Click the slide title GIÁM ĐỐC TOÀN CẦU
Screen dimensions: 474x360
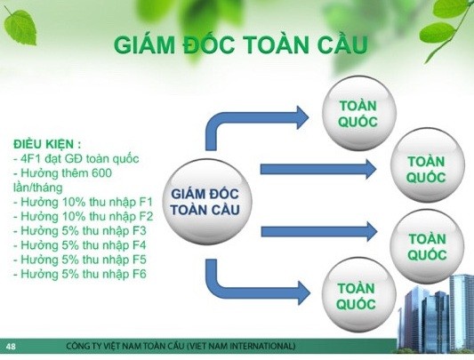[241, 44]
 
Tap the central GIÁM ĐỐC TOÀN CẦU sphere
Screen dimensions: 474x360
[207, 202]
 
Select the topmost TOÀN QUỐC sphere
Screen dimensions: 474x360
[358, 114]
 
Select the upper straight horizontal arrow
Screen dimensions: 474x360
[318, 169]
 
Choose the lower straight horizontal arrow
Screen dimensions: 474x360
[319, 231]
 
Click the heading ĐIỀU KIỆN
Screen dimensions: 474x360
[44, 144]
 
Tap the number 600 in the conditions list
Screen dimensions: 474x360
[101, 173]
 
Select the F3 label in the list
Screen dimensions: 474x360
[140, 230]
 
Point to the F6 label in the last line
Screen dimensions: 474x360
[140, 274]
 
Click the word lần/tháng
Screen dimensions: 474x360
[37, 188]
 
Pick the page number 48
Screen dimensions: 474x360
[10, 346]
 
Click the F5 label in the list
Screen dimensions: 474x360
[140, 260]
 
